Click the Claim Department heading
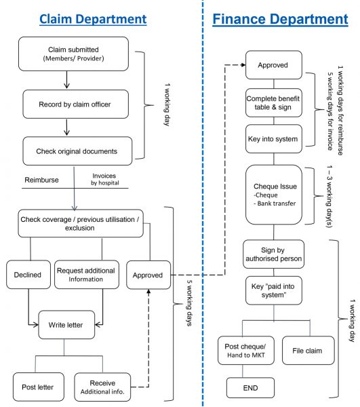pyautogui.click(x=93, y=20)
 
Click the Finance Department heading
pyautogui.click(x=280, y=20)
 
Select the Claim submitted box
pyautogui.click(x=73, y=54)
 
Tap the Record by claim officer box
pyautogui.click(x=75, y=104)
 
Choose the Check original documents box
pyautogui.click(x=77, y=151)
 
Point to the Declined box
pyautogui.click(x=28, y=275)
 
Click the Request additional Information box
pyautogui.click(x=87, y=275)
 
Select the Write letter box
pyautogui.click(x=66, y=325)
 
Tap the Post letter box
pyautogui.click(x=39, y=387)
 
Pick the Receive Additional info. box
pyautogui.click(x=102, y=387)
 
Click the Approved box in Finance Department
pyautogui.click(x=274, y=65)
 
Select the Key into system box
pyautogui.click(x=274, y=139)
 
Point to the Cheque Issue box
pyautogui.click(x=274, y=195)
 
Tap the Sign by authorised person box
pyautogui.click(x=273, y=254)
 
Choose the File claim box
pyautogui.click(x=308, y=351)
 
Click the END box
pyautogui.click(x=250, y=388)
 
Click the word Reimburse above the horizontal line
pyautogui.click(x=41, y=180)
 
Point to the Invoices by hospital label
pyautogui.click(x=105, y=179)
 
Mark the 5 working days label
pyautogui.click(x=190, y=303)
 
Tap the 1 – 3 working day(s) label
pyautogui.click(x=329, y=196)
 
